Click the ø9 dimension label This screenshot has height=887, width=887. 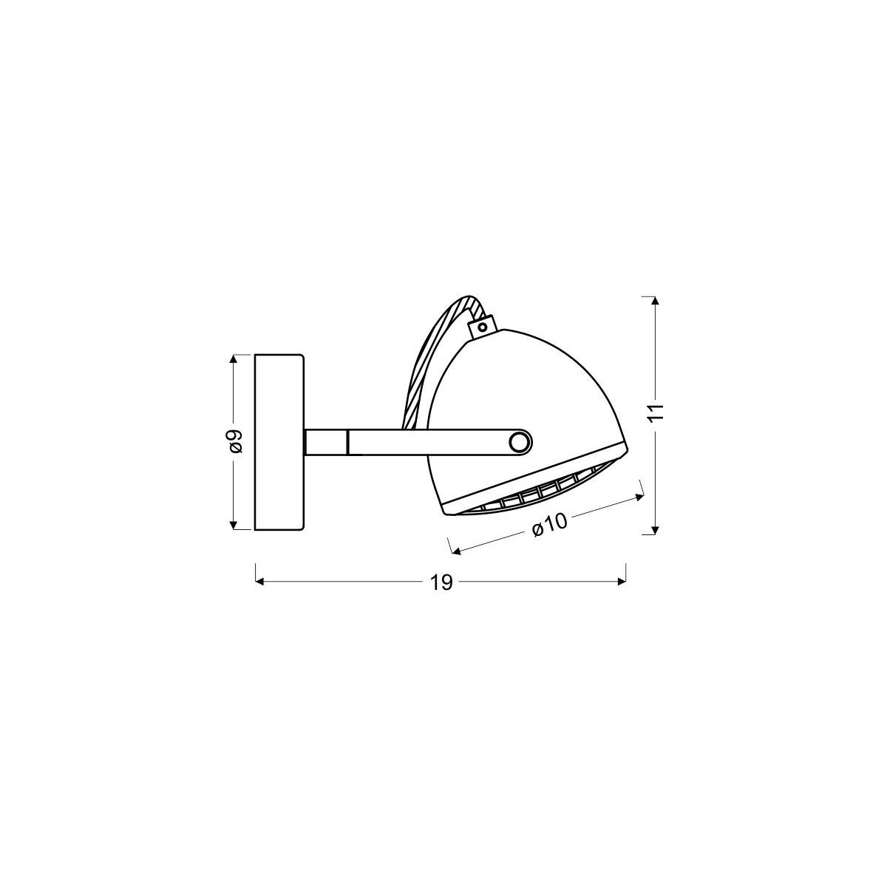tap(236, 442)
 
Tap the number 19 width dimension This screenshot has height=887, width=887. tap(441, 582)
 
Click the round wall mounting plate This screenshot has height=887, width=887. tap(279, 442)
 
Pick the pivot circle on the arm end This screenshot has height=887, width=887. tap(520, 442)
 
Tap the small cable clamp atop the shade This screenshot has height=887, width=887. tap(483, 324)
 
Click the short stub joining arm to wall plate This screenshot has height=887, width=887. tap(326, 442)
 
